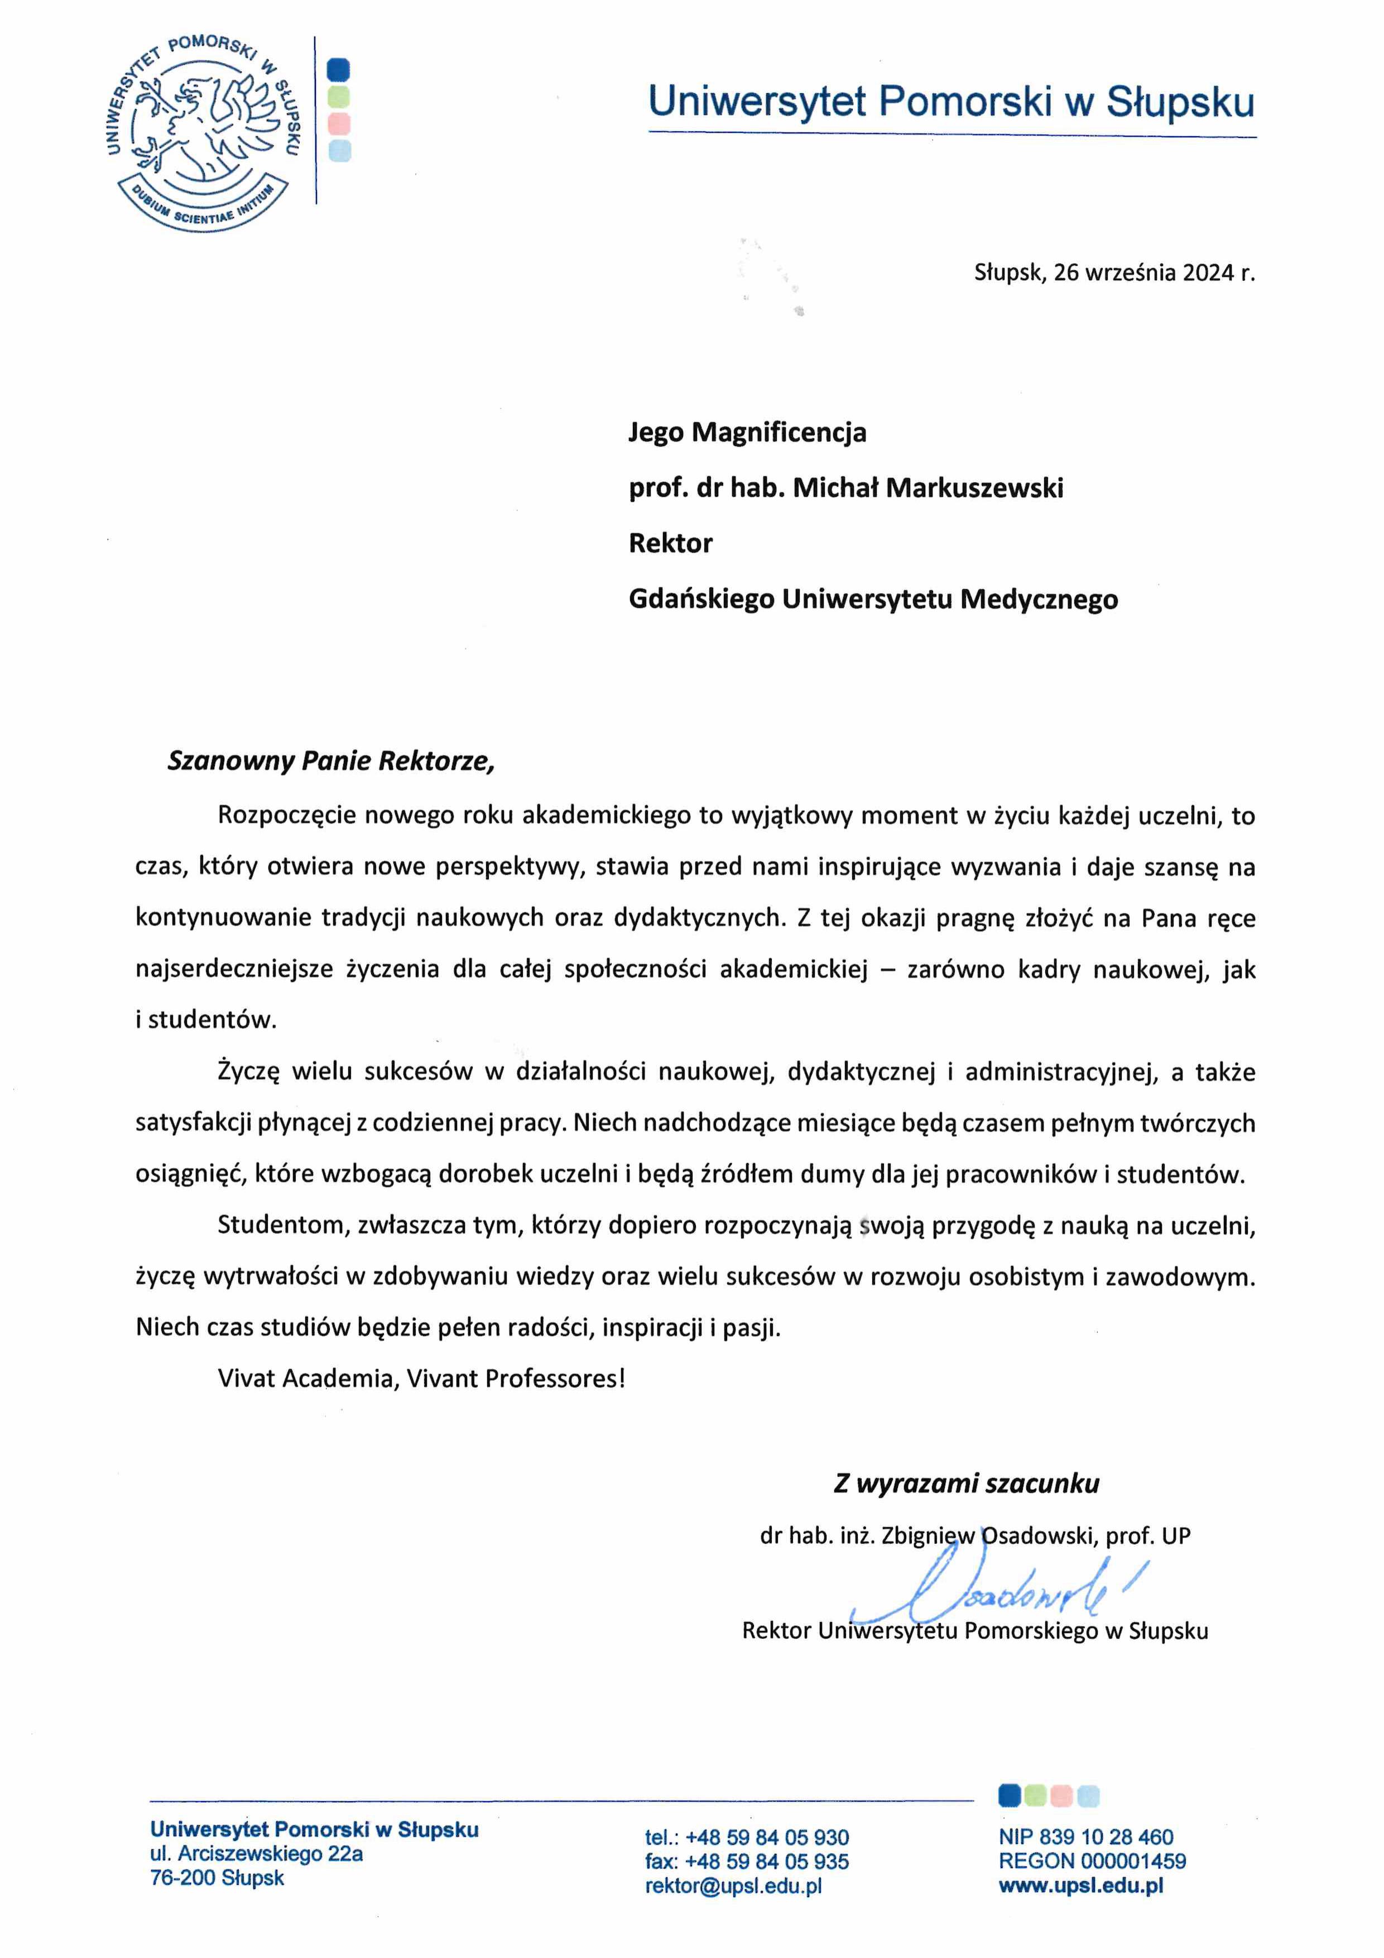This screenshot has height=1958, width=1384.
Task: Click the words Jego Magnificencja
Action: tap(747, 433)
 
